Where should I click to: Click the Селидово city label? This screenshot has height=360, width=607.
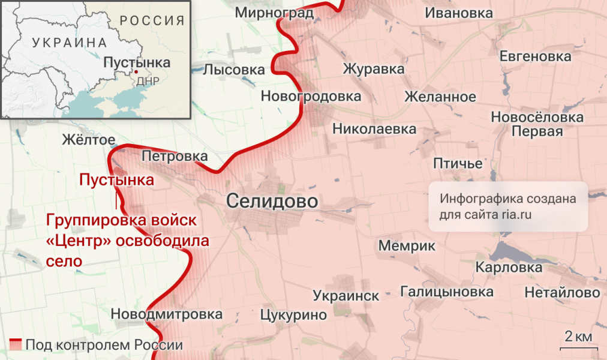click(x=272, y=202)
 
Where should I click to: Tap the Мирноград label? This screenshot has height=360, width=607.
click(x=274, y=13)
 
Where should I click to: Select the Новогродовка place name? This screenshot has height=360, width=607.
click(x=311, y=96)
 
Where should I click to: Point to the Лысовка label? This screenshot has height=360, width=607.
click(x=234, y=70)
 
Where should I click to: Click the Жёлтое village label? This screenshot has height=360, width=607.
click(x=89, y=140)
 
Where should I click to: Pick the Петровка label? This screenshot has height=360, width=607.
click(x=175, y=157)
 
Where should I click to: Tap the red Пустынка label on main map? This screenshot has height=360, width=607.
click(x=116, y=179)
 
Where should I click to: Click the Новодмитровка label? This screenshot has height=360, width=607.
click(x=167, y=314)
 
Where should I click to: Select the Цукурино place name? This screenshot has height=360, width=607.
click(x=293, y=314)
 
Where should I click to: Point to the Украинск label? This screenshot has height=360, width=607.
click(x=346, y=296)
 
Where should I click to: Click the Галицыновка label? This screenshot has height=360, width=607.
click(x=447, y=292)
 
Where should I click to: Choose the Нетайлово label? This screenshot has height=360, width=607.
click(x=562, y=293)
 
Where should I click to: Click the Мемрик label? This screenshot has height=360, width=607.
click(x=407, y=245)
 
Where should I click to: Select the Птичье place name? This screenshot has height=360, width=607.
click(x=458, y=163)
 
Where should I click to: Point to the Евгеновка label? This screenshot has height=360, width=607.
click(x=536, y=56)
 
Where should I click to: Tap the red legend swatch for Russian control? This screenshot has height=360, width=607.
click(x=15, y=345)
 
